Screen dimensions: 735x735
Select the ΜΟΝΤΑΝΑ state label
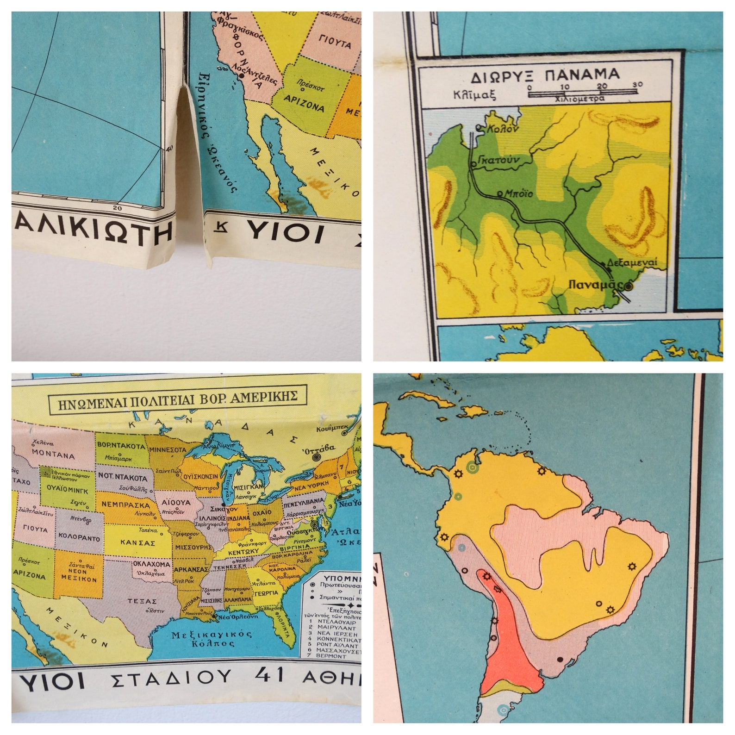coord(54,455)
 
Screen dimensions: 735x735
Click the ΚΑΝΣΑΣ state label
coord(137,542)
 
